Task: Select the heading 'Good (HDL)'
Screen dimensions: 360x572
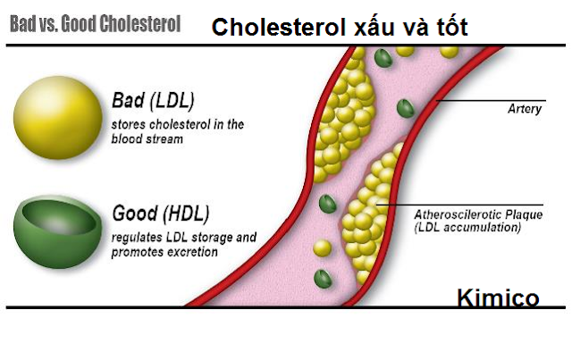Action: pyautogui.click(x=160, y=214)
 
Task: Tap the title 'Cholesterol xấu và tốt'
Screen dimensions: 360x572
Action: pyautogui.click(x=340, y=29)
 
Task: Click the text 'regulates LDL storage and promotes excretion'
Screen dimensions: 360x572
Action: pyautogui.click(x=184, y=245)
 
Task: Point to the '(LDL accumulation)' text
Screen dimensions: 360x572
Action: pyautogui.click(x=467, y=229)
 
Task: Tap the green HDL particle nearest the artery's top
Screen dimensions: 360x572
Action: pyautogui.click(x=383, y=57)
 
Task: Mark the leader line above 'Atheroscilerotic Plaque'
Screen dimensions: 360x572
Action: pyautogui.click(x=456, y=204)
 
